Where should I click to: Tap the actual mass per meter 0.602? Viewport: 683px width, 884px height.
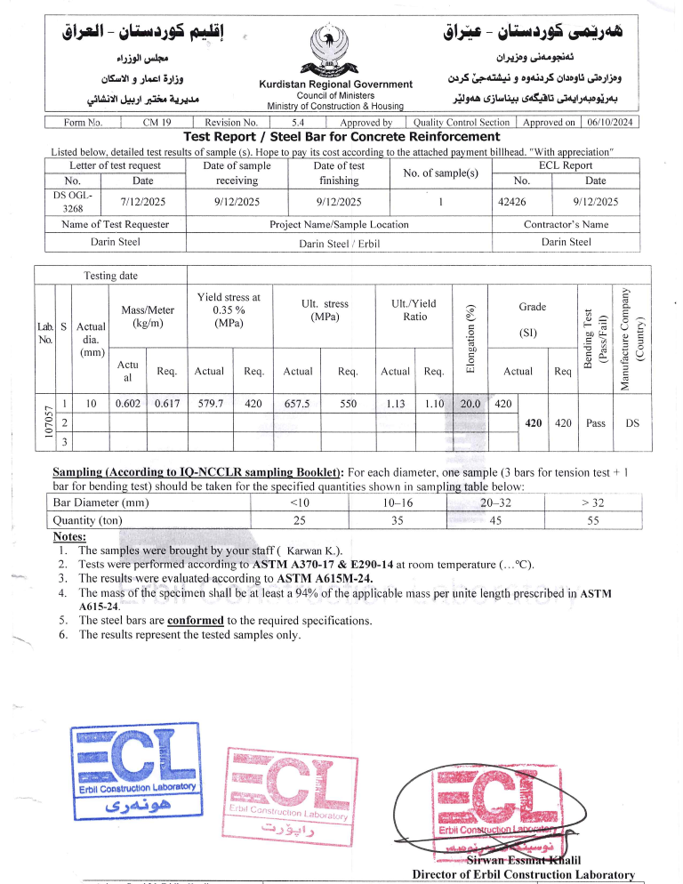pos(129,403)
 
